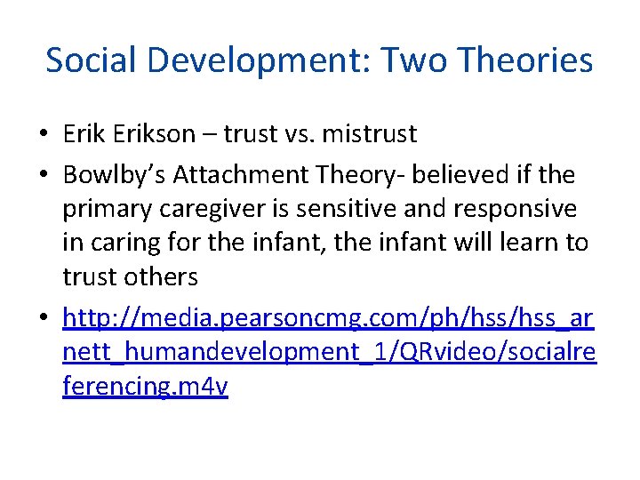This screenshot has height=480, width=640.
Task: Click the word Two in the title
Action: (410, 60)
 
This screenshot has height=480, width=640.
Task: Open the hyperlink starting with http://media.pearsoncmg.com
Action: (329, 317)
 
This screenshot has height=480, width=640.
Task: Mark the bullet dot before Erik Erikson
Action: (43, 135)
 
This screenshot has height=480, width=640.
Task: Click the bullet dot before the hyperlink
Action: (43, 318)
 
